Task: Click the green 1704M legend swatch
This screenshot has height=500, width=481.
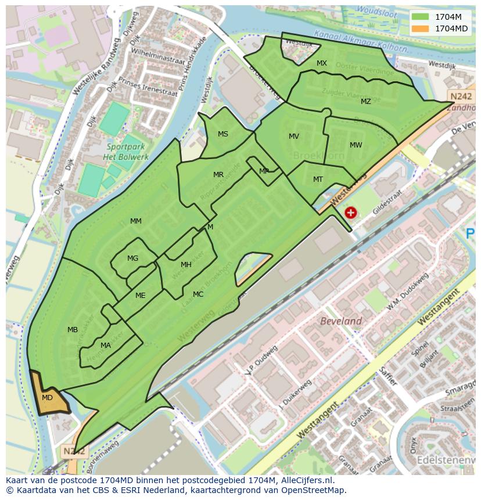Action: pyautogui.click(x=421, y=17)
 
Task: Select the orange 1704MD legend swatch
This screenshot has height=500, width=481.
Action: pyautogui.click(x=421, y=28)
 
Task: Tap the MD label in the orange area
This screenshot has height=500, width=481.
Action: pyautogui.click(x=48, y=398)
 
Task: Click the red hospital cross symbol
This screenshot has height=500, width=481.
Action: pyautogui.click(x=350, y=213)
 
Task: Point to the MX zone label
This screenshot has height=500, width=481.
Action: pyautogui.click(x=322, y=63)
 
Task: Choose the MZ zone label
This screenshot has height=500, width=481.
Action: pyautogui.click(x=365, y=102)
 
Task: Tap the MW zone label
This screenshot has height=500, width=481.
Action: pyautogui.click(x=356, y=145)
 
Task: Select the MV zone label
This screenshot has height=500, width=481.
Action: pyautogui.click(x=294, y=136)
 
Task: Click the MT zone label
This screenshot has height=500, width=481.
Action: pyautogui.click(x=318, y=179)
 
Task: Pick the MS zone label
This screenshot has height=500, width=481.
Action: pyautogui.click(x=223, y=134)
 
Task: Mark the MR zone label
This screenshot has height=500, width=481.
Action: pyautogui.click(x=218, y=175)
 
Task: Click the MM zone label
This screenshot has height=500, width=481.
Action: pyautogui.click(x=136, y=221)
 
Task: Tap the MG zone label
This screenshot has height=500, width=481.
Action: pyautogui.click(x=133, y=258)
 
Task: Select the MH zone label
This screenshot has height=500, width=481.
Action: pyautogui.click(x=186, y=265)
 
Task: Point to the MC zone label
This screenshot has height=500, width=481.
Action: pyautogui.click(x=198, y=294)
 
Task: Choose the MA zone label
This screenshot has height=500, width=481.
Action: pyautogui.click(x=105, y=346)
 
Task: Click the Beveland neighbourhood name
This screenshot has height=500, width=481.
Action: pyautogui.click(x=342, y=321)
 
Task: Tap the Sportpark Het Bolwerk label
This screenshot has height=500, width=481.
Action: pyautogui.click(x=125, y=152)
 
